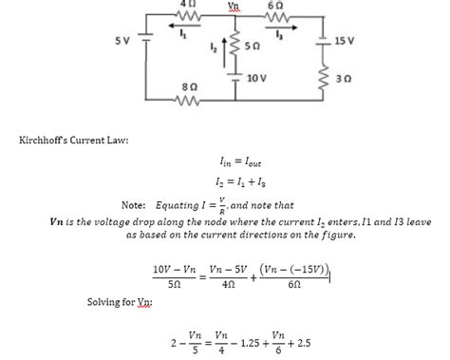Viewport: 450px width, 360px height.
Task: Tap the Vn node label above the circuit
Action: pos(234,5)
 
